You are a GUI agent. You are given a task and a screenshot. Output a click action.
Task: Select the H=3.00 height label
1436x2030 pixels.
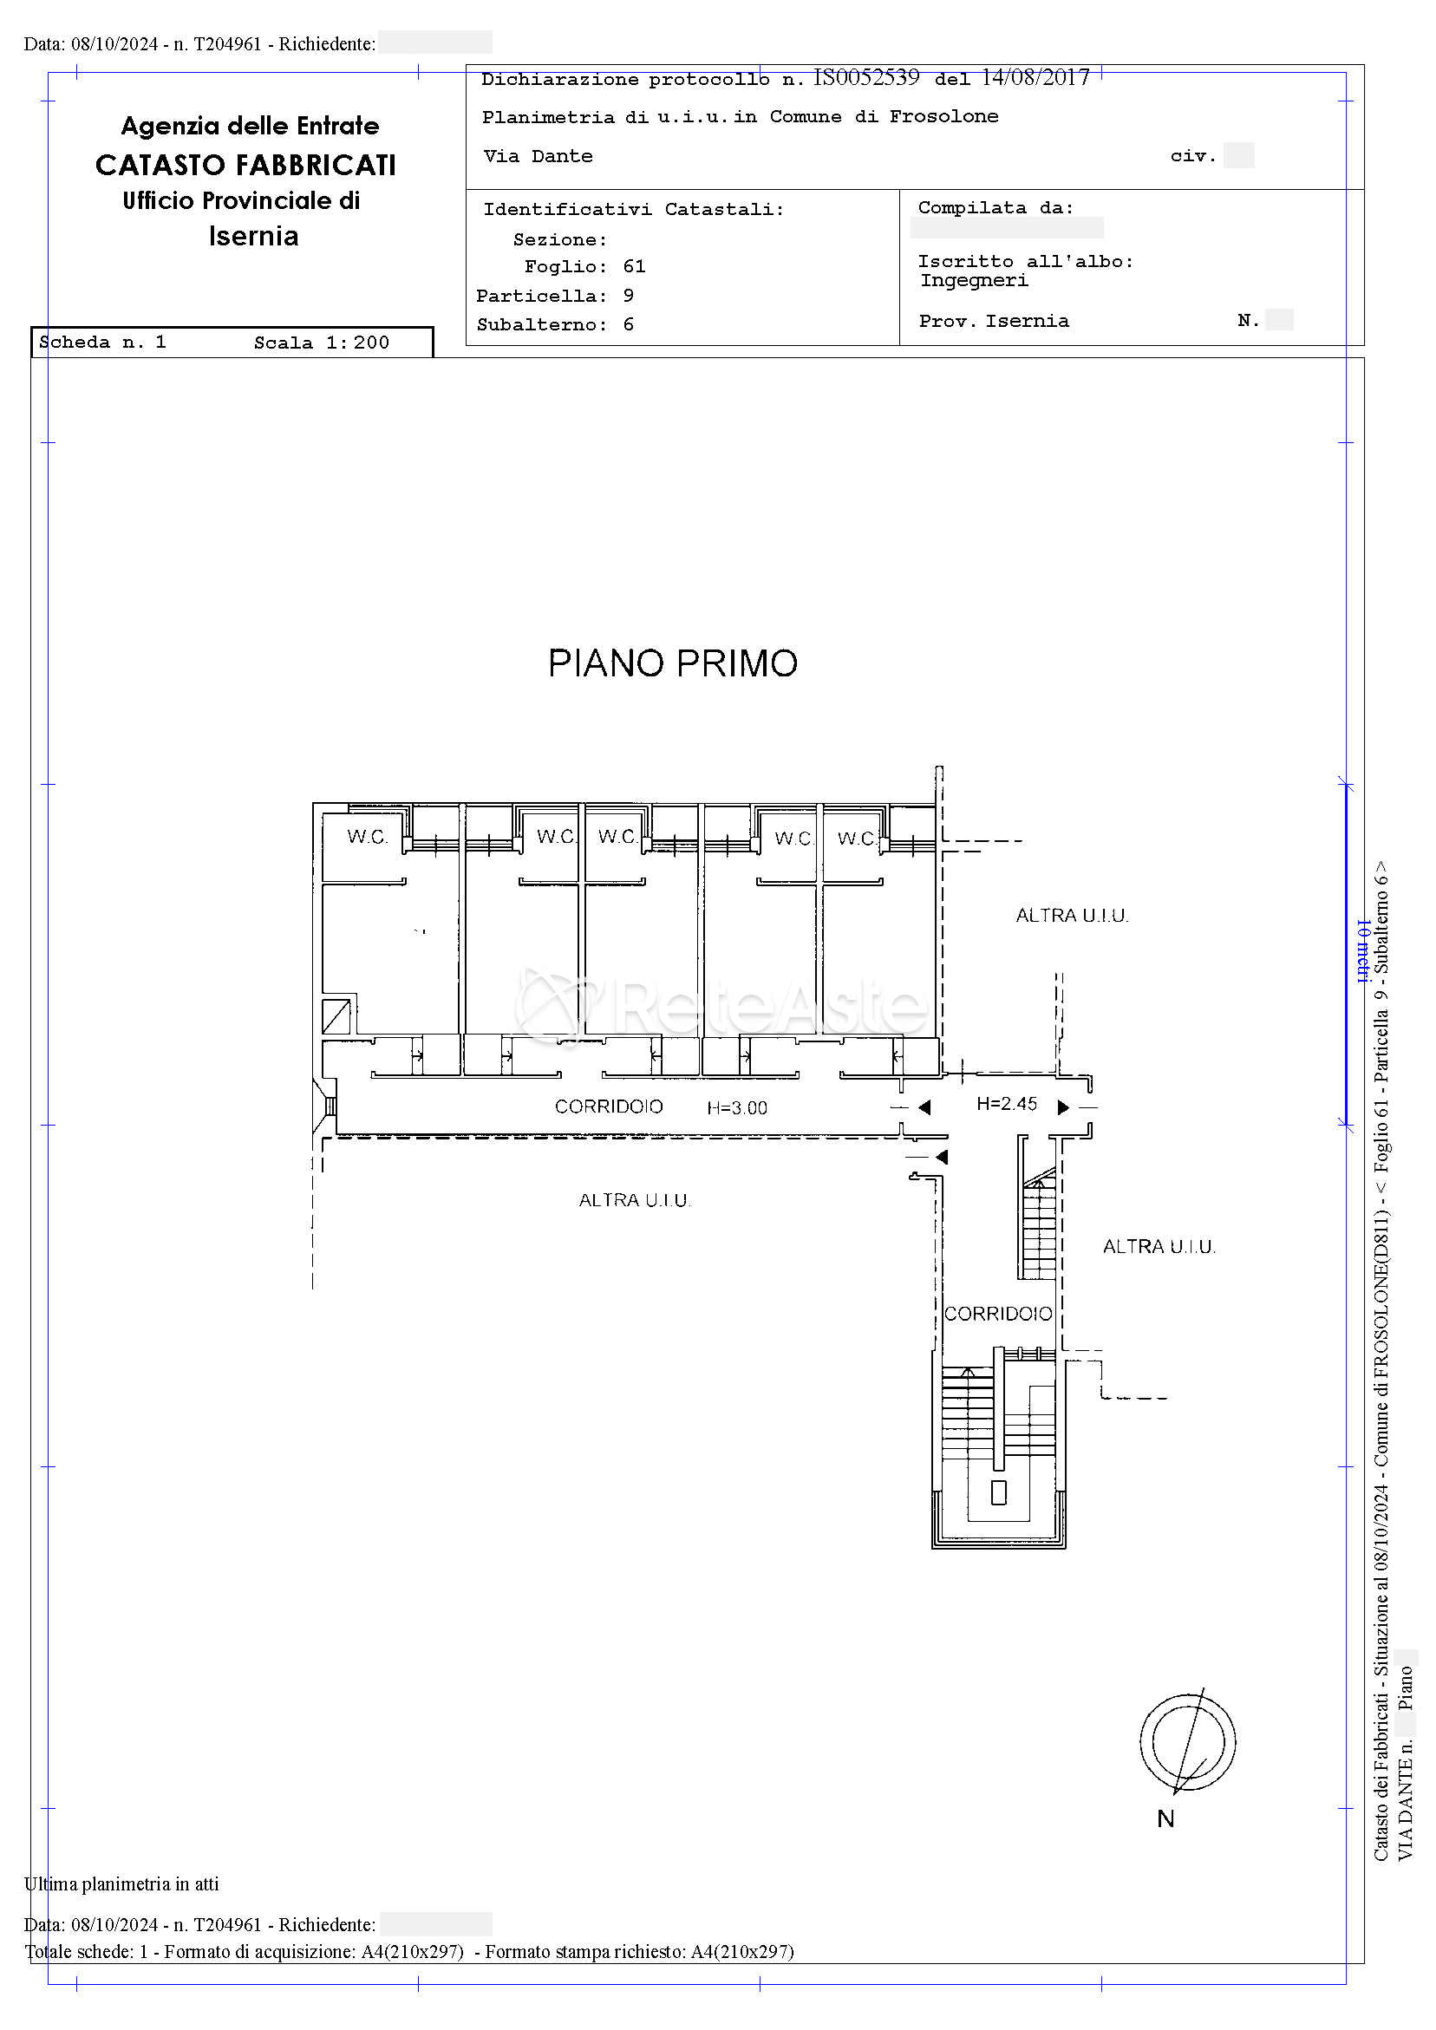[737, 1108]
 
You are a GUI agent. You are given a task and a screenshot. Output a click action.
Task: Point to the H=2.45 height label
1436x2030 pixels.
[1006, 1103]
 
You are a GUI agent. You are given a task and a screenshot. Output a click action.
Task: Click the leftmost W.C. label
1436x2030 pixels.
[367, 837]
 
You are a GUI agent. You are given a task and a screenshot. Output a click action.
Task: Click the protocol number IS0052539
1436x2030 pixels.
[865, 78]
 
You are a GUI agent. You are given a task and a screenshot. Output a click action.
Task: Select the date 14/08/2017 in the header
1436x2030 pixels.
[1035, 78]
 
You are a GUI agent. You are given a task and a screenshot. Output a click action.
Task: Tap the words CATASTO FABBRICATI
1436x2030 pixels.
[245, 166]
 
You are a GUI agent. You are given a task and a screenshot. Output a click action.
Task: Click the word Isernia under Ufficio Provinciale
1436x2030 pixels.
[254, 236]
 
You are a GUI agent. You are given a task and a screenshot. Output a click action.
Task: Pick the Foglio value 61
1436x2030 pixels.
[634, 266]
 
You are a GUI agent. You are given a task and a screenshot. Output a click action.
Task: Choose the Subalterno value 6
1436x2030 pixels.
[628, 324]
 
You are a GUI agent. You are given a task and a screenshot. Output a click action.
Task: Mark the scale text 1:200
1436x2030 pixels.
[357, 343]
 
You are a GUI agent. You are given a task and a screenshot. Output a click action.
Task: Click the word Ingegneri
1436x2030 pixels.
[975, 281]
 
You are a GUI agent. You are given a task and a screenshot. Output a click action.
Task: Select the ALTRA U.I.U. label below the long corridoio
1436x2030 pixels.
[635, 1200]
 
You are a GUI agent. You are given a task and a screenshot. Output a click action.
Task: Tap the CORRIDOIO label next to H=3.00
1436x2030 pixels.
[609, 1106]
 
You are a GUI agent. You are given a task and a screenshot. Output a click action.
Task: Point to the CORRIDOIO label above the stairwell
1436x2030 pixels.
[998, 1314]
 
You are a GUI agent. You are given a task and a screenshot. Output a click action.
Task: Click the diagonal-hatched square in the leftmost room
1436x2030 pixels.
[336, 1016]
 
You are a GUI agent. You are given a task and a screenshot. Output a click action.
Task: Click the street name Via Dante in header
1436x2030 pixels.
[538, 156]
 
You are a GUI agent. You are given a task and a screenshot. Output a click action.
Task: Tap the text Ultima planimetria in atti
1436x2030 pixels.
[122, 1883]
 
